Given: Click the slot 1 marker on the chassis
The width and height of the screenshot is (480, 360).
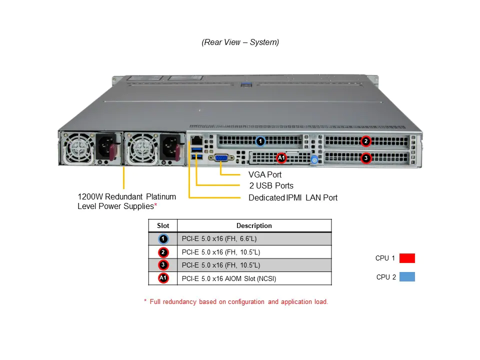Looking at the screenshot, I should pos(260,141).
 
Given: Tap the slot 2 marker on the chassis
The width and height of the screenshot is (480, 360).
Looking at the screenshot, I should pos(366,141).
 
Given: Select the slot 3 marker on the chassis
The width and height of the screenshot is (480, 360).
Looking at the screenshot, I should pos(366,158).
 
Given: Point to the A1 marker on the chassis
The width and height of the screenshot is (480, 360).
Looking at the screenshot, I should pos(281,158).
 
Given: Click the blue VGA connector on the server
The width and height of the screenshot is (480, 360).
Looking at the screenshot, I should pos(221,158).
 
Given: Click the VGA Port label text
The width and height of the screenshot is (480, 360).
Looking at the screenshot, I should pos(265,174).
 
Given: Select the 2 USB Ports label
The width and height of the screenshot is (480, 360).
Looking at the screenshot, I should pos(271,186).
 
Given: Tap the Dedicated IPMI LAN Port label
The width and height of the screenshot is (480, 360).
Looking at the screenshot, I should pos(293,197).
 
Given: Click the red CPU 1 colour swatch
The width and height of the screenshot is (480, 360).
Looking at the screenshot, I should pos(407,258).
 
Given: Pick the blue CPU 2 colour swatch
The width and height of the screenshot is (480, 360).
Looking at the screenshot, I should pos(407,276).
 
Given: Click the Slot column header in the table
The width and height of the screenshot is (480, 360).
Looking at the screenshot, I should pos(163,225).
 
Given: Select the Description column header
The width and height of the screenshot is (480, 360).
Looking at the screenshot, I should pos(254,225).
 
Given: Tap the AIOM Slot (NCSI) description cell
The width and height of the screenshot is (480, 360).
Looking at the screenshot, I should pos(229,278).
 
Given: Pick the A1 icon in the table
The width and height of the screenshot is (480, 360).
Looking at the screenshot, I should pos(163,278).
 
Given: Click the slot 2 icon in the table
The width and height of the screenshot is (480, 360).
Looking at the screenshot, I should pos(163,252).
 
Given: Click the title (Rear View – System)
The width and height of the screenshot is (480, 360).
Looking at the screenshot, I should pos(240,42).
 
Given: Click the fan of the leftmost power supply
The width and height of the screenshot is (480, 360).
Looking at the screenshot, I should pos(78,148).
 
